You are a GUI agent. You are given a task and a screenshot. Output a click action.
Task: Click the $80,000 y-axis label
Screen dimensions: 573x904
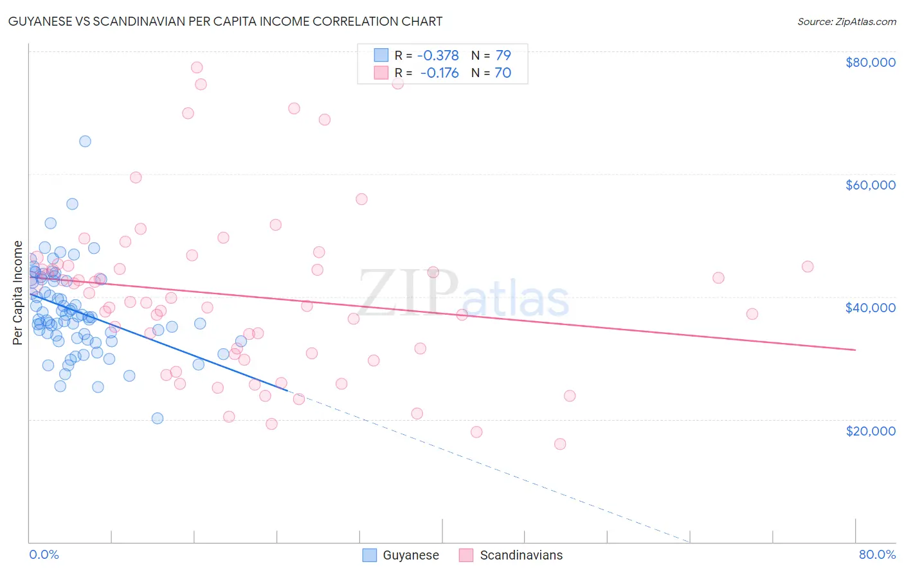870,62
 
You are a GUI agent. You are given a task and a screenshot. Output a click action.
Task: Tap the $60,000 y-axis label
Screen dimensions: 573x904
870,185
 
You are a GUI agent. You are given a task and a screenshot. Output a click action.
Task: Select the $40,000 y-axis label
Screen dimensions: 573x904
870,308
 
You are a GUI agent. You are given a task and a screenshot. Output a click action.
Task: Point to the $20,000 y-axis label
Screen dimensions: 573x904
870,430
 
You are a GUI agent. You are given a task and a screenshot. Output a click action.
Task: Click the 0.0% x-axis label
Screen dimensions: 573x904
44,554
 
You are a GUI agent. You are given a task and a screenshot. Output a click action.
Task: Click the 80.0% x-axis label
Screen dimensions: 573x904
877,554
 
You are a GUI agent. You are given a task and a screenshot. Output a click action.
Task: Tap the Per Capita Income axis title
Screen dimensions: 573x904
18,292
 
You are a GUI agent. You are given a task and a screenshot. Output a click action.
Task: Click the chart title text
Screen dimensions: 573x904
225,21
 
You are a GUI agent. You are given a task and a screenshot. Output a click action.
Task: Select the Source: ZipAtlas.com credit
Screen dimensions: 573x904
846,21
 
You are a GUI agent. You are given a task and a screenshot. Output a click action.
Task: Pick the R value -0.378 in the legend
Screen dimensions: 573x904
438,55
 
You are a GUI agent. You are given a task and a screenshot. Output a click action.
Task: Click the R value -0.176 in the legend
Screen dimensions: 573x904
439,73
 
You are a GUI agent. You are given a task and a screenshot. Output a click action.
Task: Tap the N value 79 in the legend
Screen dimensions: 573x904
503,55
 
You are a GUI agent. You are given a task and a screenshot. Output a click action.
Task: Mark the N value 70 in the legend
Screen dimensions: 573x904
503,73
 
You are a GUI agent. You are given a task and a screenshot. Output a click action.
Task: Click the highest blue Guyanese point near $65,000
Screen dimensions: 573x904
85,141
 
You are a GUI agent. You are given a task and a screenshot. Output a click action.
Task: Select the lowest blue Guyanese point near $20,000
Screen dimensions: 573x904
158,418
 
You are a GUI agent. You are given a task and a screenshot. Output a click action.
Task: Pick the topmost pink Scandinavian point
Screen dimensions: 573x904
197,67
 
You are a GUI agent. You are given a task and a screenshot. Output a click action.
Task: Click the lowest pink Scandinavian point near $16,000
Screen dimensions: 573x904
560,444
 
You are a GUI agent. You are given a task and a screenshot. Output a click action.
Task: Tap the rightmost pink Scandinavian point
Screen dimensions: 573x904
808,267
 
